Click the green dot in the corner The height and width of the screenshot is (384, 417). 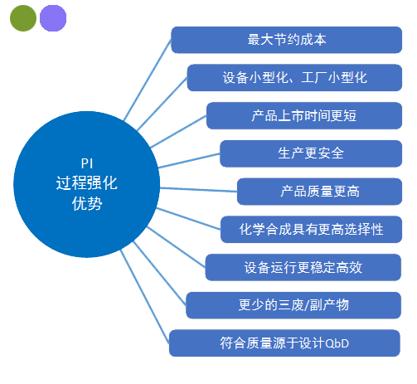(x=23, y=18)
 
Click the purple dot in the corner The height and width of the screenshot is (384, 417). (x=53, y=18)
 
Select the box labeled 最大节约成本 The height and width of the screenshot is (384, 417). (x=287, y=40)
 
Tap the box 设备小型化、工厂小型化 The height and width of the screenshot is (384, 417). (x=294, y=78)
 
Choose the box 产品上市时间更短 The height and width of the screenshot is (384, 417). (x=304, y=115)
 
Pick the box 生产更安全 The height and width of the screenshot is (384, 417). (x=311, y=153)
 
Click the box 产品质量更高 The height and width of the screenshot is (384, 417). (x=320, y=192)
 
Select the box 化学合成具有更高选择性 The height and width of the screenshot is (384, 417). (x=312, y=230)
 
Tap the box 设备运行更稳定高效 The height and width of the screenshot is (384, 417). (x=303, y=267)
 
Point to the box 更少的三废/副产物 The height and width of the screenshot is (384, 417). (x=293, y=305)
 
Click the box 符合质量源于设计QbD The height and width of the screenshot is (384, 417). (x=284, y=343)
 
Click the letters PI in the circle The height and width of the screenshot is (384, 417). (x=87, y=163)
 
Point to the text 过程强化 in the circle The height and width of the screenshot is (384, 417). (x=87, y=183)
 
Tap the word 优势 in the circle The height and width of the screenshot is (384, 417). (x=87, y=204)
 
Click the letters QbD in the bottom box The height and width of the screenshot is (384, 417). (x=337, y=343)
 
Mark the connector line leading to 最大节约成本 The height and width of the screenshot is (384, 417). (x=148, y=80)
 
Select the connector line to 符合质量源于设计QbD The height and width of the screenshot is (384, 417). (x=145, y=297)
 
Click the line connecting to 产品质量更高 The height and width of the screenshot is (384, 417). (x=198, y=190)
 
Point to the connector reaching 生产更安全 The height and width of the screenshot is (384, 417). (x=189, y=161)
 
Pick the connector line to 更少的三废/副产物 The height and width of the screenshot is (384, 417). (x=160, y=273)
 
